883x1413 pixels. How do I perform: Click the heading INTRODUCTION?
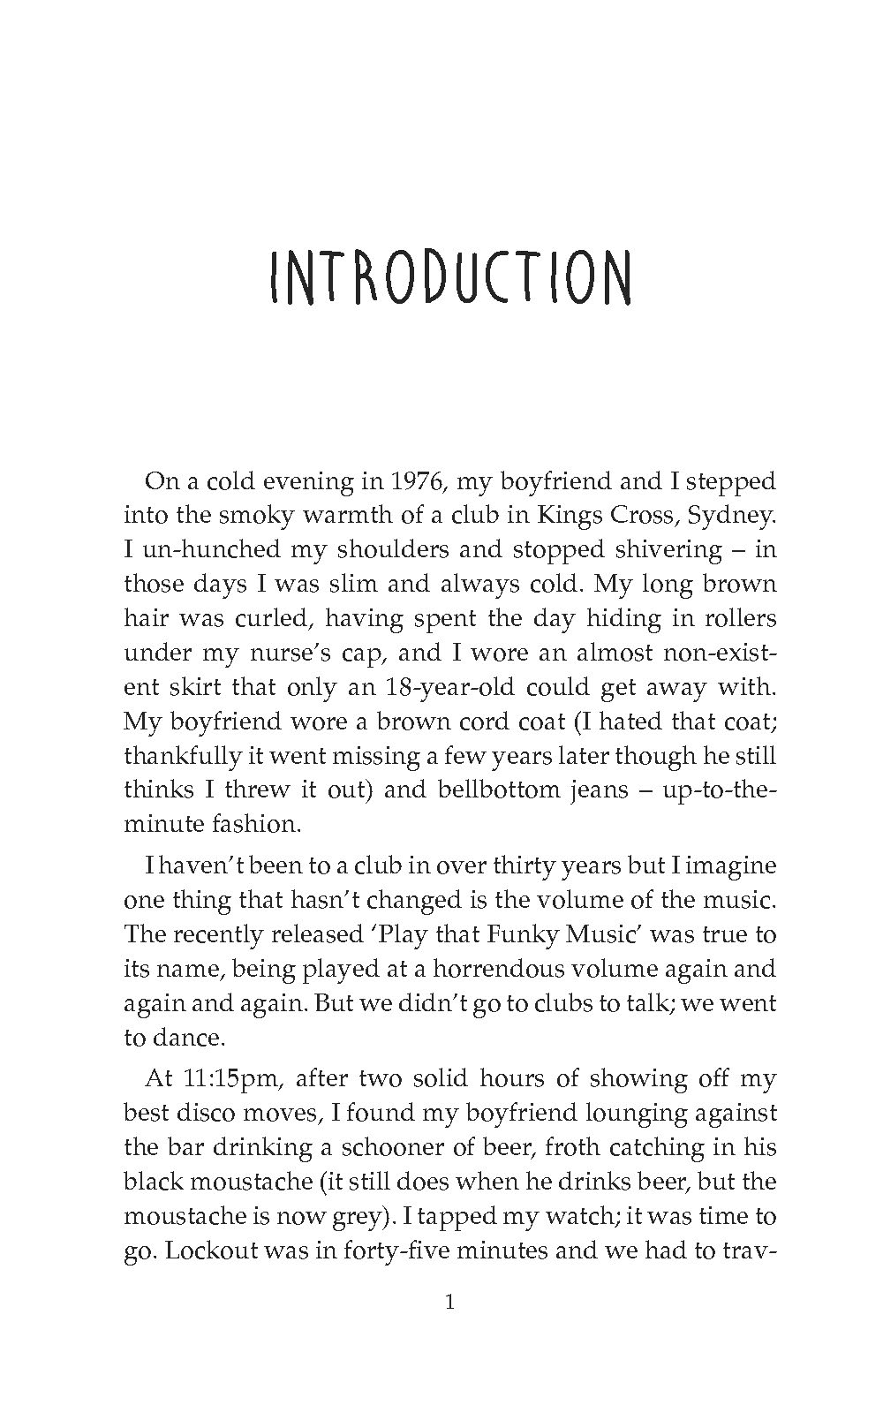coord(450,276)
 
